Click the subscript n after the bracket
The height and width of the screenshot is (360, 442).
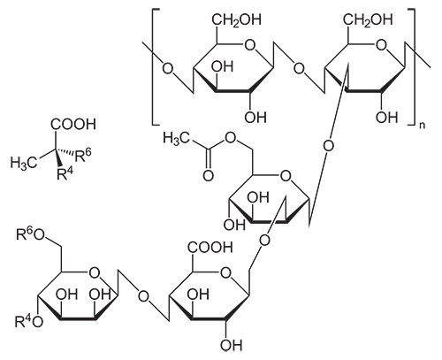(423, 126)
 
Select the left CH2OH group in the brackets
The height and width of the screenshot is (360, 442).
(237, 20)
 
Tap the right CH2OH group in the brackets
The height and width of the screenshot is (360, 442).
(369, 20)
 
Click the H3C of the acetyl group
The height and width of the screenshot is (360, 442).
(177, 138)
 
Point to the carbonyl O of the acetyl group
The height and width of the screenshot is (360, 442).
(209, 176)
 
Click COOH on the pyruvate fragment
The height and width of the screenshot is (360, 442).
(73, 125)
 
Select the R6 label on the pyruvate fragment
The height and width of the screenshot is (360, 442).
(83, 156)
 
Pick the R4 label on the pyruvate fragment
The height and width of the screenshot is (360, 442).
(65, 173)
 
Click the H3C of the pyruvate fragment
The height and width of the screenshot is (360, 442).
(24, 163)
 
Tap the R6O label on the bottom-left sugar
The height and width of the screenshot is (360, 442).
(30, 235)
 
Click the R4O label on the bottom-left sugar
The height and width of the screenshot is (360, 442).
(29, 321)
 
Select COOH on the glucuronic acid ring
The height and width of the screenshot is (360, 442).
(210, 247)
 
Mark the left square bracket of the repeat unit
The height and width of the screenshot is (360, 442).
(156, 67)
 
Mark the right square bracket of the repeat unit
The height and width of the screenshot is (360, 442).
(412, 67)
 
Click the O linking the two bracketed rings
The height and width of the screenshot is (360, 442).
(299, 69)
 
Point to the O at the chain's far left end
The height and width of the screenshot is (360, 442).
(168, 69)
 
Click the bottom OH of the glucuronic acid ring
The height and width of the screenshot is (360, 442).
(231, 344)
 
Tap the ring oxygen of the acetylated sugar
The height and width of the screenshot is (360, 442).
(285, 177)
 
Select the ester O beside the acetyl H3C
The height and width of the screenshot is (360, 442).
(230, 137)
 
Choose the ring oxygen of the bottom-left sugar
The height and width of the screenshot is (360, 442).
(94, 273)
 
